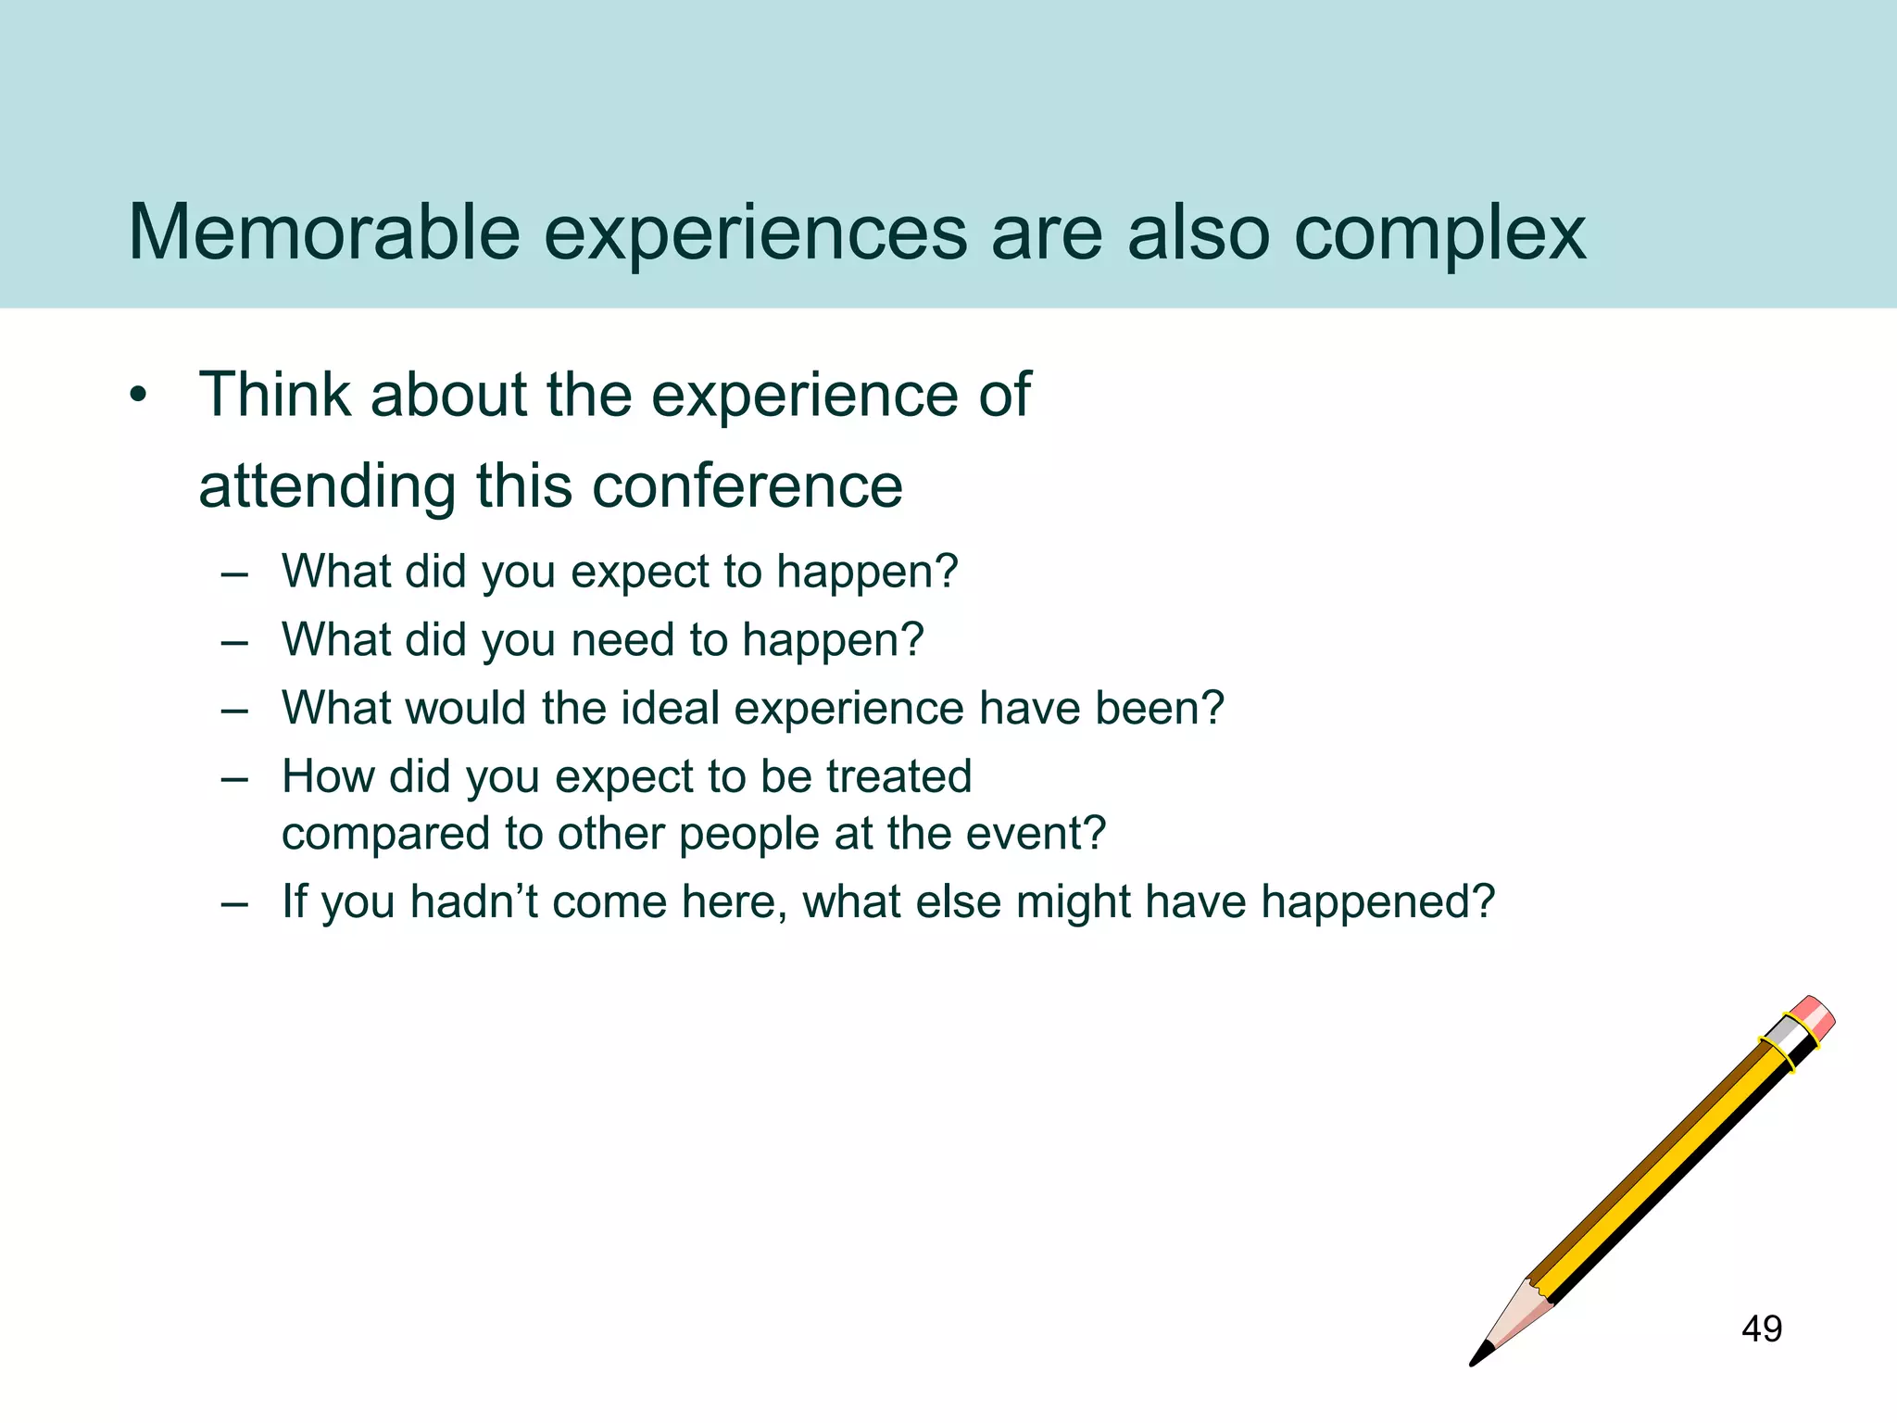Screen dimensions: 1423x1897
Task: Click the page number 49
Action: [1761, 1329]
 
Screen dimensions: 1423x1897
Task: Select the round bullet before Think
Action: [139, 397]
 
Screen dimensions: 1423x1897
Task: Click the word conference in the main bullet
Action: [747, 486]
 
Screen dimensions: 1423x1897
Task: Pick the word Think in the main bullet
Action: [275, 396]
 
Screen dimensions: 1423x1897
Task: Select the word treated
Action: [898, 776]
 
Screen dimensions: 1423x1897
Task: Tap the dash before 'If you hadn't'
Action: [234, 903]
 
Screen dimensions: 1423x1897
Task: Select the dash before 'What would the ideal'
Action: [234, 710]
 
